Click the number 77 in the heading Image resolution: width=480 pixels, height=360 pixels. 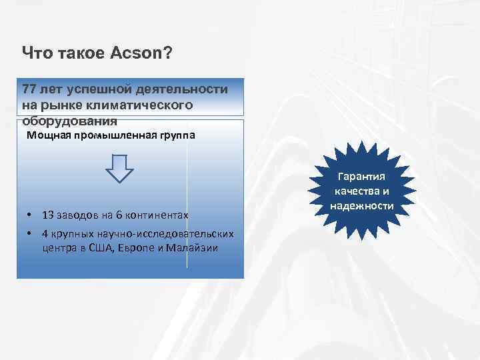(x=30, y=89)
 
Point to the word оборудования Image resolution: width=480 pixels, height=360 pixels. (x=69, y=121)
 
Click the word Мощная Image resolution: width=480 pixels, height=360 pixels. (x=47, y=136)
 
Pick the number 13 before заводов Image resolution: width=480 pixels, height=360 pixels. (x=48, y=215)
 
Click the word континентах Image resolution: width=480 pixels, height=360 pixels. (x=157, y=215)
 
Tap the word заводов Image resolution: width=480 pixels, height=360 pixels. (x=79, y=215)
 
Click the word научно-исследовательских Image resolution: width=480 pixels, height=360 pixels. (x=171, y=234)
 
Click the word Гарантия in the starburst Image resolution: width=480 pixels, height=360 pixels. (x=362, y=177)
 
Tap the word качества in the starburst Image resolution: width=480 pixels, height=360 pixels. (x=354, y=192)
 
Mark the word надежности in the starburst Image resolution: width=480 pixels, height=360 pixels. (x=362, y=206)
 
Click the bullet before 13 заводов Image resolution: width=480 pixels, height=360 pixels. (x=31, y=215)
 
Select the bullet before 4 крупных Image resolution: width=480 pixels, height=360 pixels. (x=31, y=234)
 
